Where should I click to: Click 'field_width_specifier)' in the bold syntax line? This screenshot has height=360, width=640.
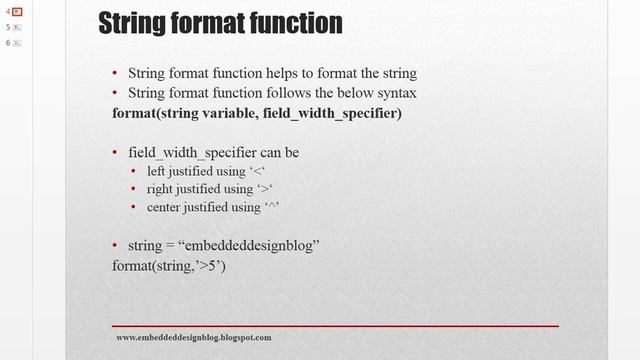(x=333, y=113)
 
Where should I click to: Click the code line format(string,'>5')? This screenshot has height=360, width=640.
(x=169, y=266)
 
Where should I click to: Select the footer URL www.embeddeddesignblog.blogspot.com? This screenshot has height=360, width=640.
(x=194, y=338)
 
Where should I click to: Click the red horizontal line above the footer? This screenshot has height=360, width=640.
(x=335, y=326)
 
